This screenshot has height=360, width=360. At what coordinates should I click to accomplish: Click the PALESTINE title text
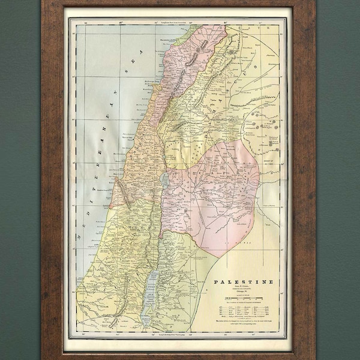point(243,282)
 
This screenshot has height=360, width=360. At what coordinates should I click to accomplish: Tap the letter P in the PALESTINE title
point(216,282)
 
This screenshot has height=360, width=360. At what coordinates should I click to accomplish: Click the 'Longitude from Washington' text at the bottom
point(174,332)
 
